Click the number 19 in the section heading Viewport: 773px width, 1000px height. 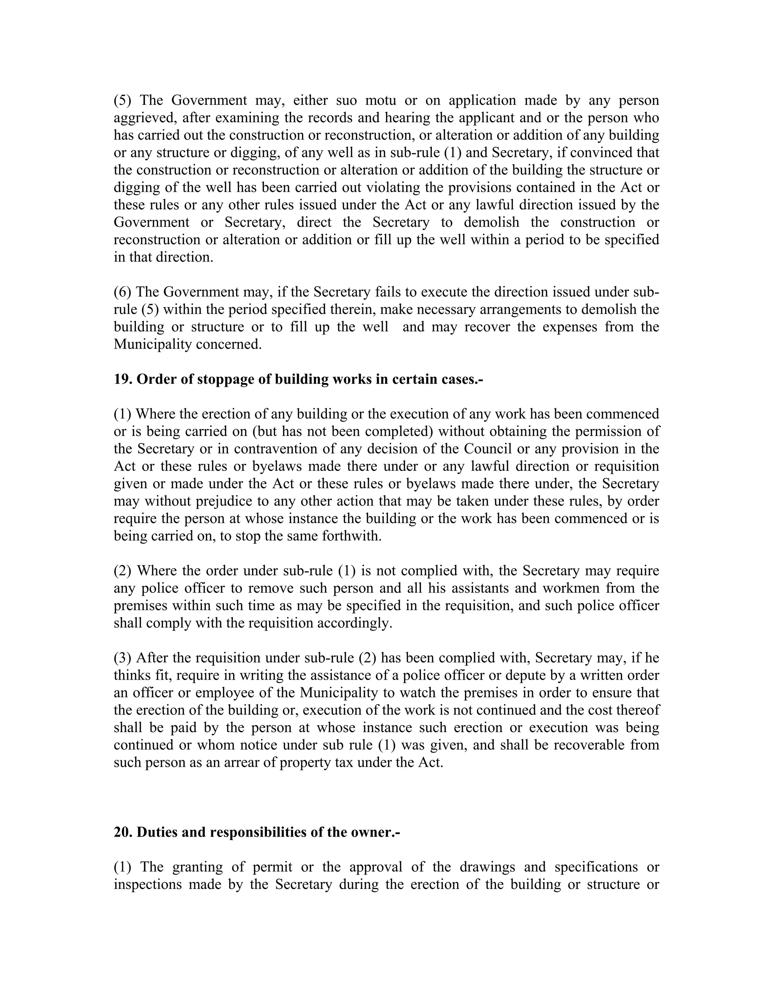(122, 379)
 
